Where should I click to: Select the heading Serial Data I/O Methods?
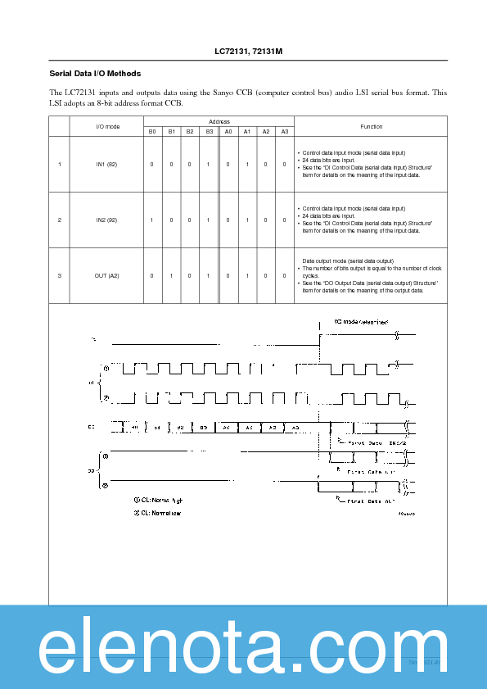pyautogui.click(x=95, y=74)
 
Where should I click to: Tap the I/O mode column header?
pyautogui.click(x=107, y=126)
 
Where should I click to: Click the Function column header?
pyautogui.click(x=371, y=126)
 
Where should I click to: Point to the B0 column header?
pyautogui.click(x=151, y=132)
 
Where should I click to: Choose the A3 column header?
pyautogui.click(x=284, y=132)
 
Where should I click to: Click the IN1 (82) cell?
pyautogui.click(x=107, y=165)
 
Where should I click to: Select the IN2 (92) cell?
pyautogui.click(x=107, y=220)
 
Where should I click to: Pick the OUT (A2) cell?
pyautogui.click(x=107, y=276)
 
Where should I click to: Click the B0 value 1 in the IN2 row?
pyautogui.click(x=151, y=220)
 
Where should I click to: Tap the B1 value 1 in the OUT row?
pyautogui.click(x=170, y=276)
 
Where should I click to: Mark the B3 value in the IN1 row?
pyautogui.click(x=209, y=165)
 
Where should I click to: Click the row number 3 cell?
pyautogui.click(x=60, y=276)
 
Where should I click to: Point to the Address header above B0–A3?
pyautogui.click(x=219, y=121)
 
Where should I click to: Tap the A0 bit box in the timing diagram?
pyautogui.click(x=226, y=427)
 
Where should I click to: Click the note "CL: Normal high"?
pyautogui.click(x=158, y=499)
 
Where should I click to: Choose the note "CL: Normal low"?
pyautogui.click(x=157, y=513)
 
